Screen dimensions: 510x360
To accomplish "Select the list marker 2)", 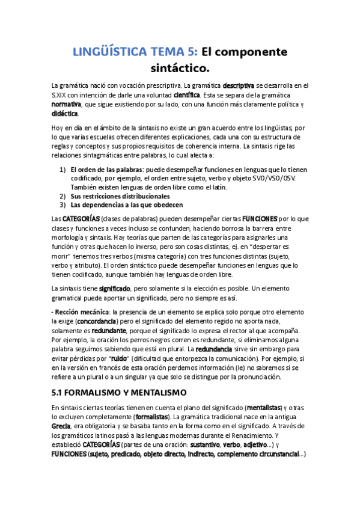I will [x=63, y=196].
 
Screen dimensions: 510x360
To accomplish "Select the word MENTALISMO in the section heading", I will [x=153, y=393].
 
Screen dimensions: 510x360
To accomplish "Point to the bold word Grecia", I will [x=61, y=426].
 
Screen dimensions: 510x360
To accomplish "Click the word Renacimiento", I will [x=261, y=435].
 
